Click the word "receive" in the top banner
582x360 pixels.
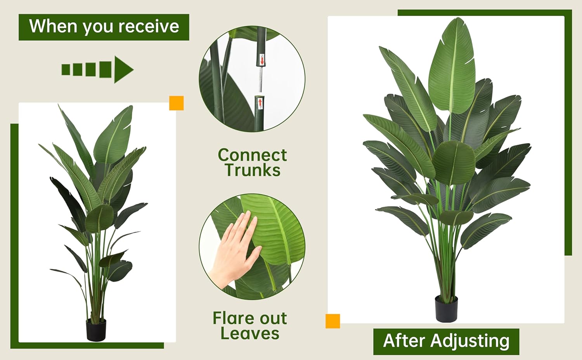(149, 26)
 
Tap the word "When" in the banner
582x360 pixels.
(54, 26)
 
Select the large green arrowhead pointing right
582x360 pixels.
(123, 70)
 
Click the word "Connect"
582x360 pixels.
(252, 155)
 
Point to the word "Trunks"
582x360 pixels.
(252, 170)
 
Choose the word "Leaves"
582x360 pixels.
(250, 334)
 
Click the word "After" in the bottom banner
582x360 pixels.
(404, 341)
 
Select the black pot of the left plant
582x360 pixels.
(96, 329)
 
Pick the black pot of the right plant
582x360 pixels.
(446, 308)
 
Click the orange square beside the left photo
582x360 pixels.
(177, 103)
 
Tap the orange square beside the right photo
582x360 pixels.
(333, 321)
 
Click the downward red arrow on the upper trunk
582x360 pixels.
(262, 60)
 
